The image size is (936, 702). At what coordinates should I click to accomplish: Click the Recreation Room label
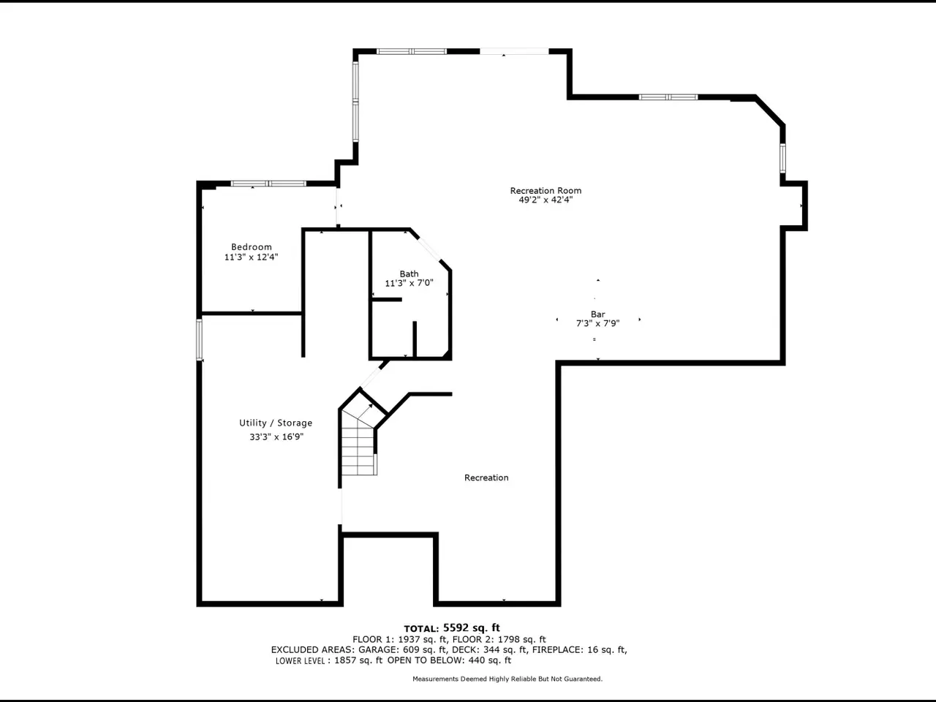pyautogui.click(x=546, y=190)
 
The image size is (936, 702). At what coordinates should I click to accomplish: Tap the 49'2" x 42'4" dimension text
pyautogui.click(x=546, y=200)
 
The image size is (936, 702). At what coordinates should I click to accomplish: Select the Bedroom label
pyautogui.click(x=251, y=246)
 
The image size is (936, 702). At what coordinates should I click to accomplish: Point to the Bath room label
pyautogui.click(x=409, y=273)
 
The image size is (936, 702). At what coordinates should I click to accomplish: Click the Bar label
pyautogui.click(x=598, y=314)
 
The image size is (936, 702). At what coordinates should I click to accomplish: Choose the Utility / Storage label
pyautogui.click(x=276, y=423)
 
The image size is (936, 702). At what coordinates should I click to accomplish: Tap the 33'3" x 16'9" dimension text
pyautogui.click(x=276, y=437)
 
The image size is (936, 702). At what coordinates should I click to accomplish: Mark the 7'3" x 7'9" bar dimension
pyautogui.click(x=598, y=323)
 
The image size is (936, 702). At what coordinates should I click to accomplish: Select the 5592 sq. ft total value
pyautogui.click(x=472, y=627)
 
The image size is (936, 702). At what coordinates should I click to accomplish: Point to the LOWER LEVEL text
pyautogui.click(x=301, y=660)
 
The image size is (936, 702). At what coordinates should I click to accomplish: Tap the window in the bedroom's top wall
pyautogui.click(x=268, y=184)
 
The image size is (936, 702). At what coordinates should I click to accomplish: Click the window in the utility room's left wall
pyautogui.click(x=199, y=340)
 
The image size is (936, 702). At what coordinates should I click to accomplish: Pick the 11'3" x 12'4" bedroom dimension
pyautogui.click(x=251, y=257)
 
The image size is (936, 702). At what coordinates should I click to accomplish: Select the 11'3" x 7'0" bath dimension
pyautogui.click(x=409, y=282)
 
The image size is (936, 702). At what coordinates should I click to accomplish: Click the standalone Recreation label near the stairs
pyautogui.click(x=486, y=478)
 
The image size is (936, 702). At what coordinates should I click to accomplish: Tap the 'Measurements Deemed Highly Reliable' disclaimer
pyautogui.click(x=507, y=679)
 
